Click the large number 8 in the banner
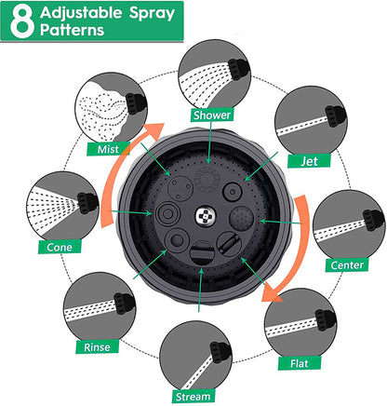click(x=21, y=21)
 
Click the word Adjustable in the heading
click(x=81, y=13)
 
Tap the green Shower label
click(x=212, y=115)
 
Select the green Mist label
click(x=108, y=149)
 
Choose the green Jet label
click(x=309, y=161)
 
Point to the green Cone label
click(x=60, y=247)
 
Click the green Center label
click(x=347, y=265)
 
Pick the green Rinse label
click(x=97, y=346)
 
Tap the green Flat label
click(x=300, y=363)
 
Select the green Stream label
click(x=193, y=397)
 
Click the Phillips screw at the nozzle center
click(x=205, y=216)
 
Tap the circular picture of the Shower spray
click(x=215, y=76)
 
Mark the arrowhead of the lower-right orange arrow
click(x=271, y=294)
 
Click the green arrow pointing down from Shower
click(x=209, y=142)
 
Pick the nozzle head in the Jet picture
click(x=335, y=116)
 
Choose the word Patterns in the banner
click(x=72, y=30)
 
